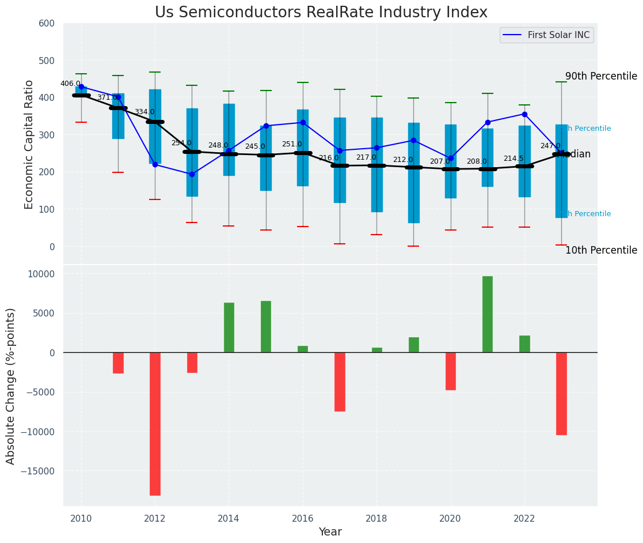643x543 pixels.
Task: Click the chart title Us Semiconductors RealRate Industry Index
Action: coord(321,13)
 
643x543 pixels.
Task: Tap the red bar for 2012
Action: coord(155,424)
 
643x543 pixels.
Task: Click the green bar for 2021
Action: coord(488,314)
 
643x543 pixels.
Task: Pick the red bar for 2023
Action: coord(561,394)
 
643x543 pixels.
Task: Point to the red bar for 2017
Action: coord(340,382)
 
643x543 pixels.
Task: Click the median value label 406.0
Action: coord(70,84)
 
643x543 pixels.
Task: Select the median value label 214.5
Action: coord(513,159)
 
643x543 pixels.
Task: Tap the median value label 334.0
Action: coord(144,112)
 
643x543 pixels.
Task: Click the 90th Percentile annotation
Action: coord(601,76)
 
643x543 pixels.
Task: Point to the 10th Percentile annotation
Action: coord(601,250)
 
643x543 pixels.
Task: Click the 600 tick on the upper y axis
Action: coord(47,23)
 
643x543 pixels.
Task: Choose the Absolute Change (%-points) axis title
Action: coord(11,386)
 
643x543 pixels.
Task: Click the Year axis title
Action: coord(330,532)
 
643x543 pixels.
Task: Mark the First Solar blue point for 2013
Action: coord(192,174)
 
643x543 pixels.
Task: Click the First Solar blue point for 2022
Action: coord(524,114)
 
